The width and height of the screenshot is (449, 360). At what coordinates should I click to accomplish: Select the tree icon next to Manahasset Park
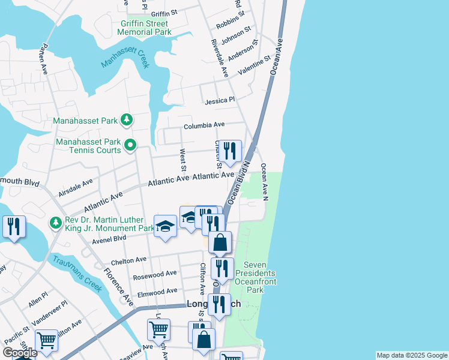pyautogui.click(x=126, y=121)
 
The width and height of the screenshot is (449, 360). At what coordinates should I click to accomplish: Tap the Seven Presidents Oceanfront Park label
pyautogui.click(x=264, y=277)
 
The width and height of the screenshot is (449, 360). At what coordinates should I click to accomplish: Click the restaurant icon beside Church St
pyautogui.click(x=229, y=151)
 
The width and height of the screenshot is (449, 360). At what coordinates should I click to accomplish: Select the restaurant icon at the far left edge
pyautogui.click(x=13, y=226)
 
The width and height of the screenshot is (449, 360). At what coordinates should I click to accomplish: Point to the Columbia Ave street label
pyautogui.click(x=203, y=125)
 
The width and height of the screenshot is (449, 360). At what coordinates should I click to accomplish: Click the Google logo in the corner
pyautogui.click(x=20, y=353)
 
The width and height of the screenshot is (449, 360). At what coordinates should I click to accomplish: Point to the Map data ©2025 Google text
pyautogui.click(x=411, y=355)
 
